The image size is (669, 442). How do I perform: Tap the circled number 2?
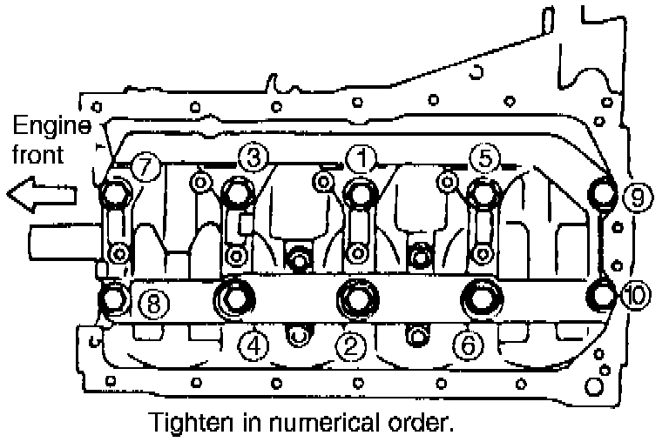(351, 347)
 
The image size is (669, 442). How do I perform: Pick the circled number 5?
(485, 157)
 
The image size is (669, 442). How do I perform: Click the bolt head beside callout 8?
(115, 298)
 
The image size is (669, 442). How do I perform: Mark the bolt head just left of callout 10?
(602, 294)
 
